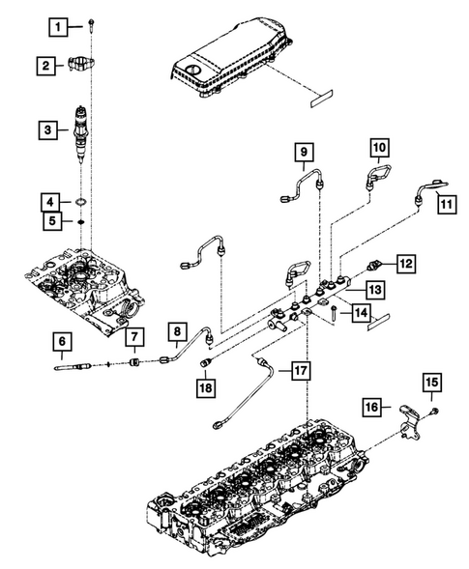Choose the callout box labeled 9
pos(303,153)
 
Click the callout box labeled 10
pos(379,148)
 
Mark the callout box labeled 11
pos(445,204)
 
